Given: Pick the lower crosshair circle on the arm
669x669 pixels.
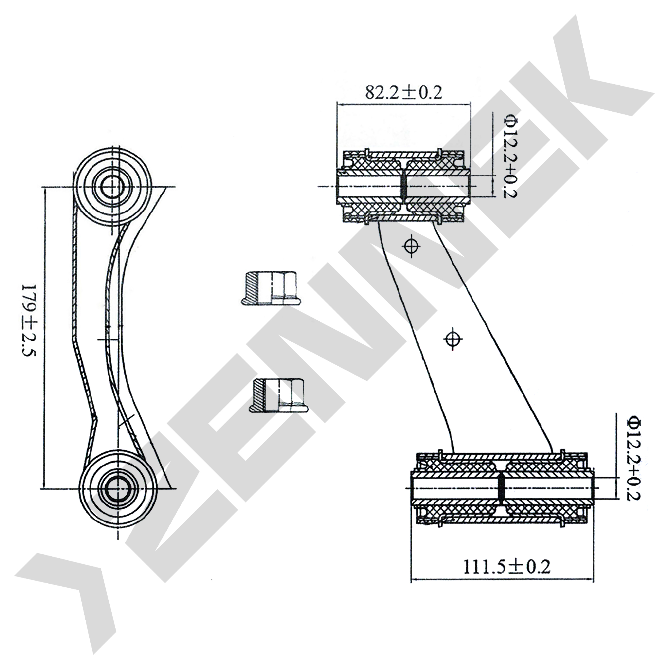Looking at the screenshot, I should [x=453, y=339].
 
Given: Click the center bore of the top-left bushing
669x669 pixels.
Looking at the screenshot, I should [x=113, y=187].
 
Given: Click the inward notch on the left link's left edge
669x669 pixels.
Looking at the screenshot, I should [x=96, y=419].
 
